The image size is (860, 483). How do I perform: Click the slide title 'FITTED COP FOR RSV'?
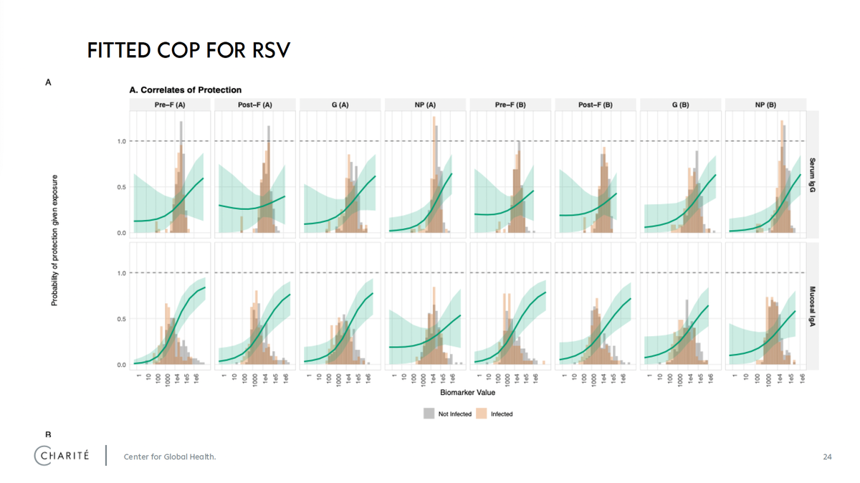click(188, 51)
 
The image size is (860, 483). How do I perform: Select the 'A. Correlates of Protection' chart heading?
click(185, 90)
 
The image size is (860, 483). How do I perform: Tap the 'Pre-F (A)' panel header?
click(170, 105)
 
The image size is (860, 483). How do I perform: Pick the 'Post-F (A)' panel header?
click(255, 105)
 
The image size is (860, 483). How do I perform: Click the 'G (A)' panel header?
click(340, 105)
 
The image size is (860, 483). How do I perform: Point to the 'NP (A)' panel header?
click(425, 105)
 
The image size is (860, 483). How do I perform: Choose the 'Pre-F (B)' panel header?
click(510, 105)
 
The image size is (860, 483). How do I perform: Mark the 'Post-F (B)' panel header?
click(596, 105)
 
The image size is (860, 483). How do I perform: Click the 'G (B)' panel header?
click(680, 105)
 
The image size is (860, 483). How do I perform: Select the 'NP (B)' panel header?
click(765, 105)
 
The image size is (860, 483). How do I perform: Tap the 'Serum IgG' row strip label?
click(813, 175)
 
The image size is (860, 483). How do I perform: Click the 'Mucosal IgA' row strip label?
click(813, 306)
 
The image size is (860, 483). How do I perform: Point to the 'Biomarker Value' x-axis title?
click(467, 393)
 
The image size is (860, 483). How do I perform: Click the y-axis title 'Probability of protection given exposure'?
click(54, 240)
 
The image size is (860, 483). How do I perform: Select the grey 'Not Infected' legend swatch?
click(429, 413)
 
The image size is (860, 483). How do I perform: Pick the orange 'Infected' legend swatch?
click(482, 413)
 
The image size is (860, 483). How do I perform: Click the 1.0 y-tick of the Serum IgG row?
click(121, 141)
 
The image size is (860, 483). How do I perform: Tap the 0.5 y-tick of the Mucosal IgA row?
click(121, 319)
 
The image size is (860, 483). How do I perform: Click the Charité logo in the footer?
click(62, 456)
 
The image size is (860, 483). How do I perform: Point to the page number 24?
click(827, 456)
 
